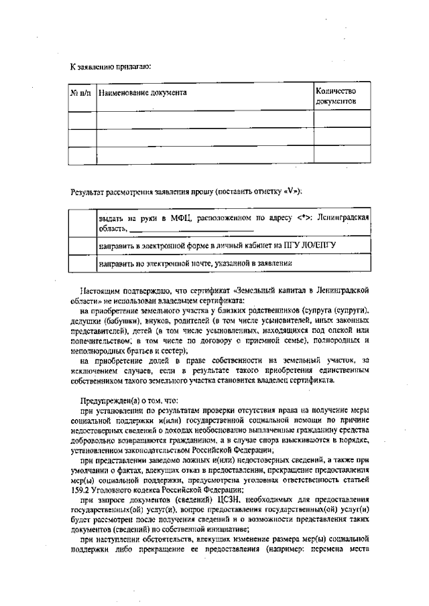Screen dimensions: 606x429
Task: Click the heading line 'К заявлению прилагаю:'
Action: [x=110, y=66]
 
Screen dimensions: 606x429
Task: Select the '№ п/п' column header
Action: [x=83, y=92]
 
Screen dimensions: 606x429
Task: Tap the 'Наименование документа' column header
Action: [x=143, y=92]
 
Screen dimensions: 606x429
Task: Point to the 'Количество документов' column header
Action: [x=336, y=96]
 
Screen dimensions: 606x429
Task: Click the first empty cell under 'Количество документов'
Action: [x=341, y=119]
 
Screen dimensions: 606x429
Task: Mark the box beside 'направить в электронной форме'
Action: [x=83, y=246]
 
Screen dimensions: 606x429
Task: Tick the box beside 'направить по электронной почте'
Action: [x=83, y=264]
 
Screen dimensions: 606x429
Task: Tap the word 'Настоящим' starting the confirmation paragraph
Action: [x=100, y=293]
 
